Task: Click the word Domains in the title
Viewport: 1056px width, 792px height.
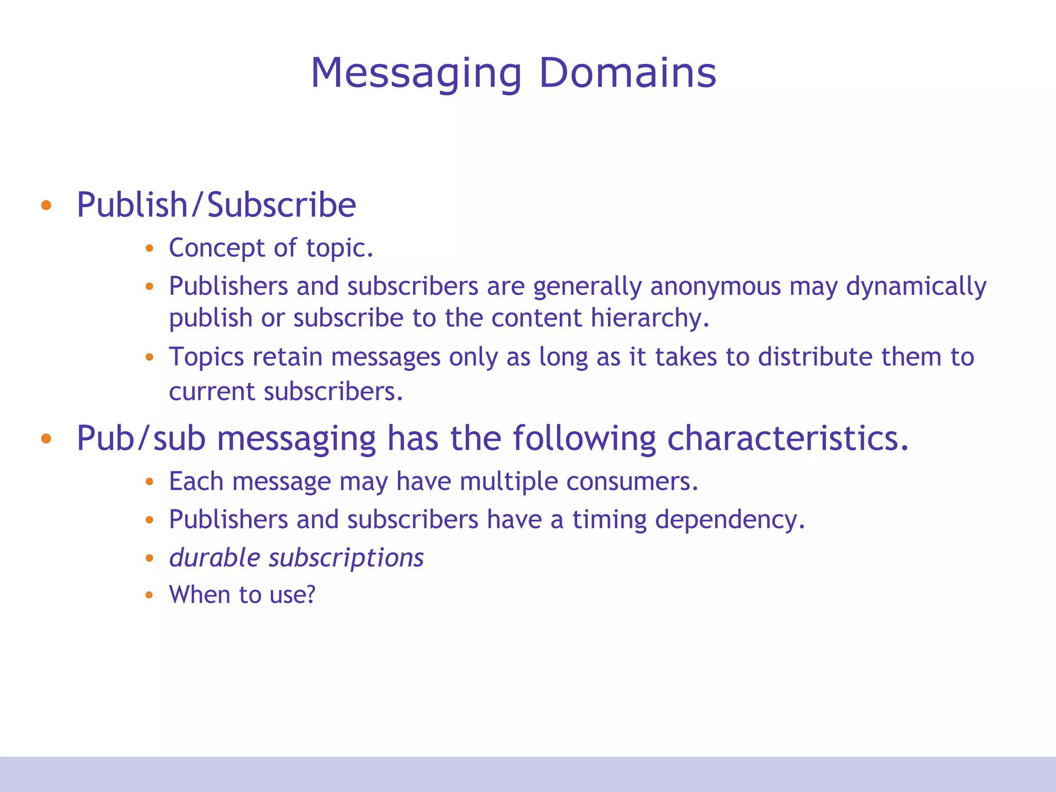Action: click(628, 73)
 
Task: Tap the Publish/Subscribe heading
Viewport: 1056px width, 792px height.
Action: click(216, 205)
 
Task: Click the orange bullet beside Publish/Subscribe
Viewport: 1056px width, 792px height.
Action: click(46, 205)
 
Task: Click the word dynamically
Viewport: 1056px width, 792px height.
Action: click(916, 286)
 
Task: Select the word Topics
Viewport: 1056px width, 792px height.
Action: click(206, 357)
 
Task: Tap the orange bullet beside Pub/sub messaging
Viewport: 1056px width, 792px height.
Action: click(46, 439)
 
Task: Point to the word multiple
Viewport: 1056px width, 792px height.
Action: click(508, 482)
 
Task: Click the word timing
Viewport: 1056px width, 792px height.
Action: click(609, 520)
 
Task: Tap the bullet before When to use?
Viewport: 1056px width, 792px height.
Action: click(150, 596)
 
